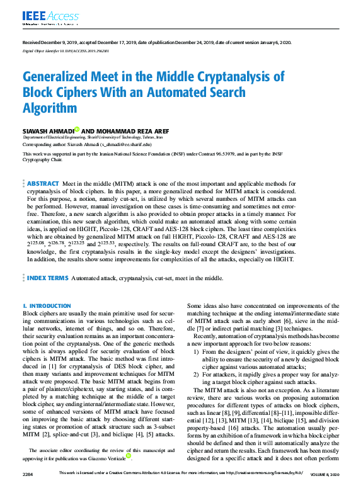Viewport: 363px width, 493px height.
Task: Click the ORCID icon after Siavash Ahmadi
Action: click(76, 129)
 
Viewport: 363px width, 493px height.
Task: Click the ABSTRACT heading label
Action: click(43, 166)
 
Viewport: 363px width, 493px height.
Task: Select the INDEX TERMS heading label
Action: click(47, 277)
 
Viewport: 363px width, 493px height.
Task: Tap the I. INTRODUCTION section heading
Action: click(47, 306)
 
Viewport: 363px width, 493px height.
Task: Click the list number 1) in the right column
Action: click(197, 351)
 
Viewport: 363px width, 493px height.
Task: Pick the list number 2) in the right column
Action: click(197, 376)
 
